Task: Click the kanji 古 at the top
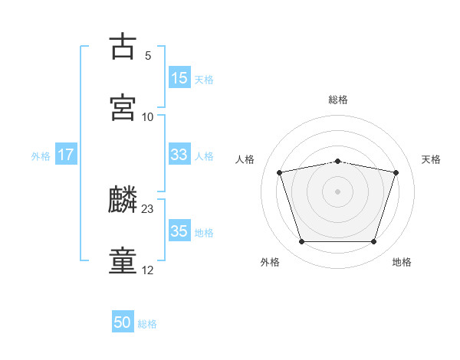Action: coord(123,46)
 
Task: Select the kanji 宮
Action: coord(123,107)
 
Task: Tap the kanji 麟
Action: coord(123,198)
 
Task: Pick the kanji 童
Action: coord(123,260)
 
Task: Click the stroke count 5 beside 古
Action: coord(148,56)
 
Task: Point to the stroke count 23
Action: coord(147,209)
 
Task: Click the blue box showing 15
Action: coord(179,77)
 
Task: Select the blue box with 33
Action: coord(179,154)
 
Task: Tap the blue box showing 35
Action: coord(179,230)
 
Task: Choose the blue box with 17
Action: coord(66,154)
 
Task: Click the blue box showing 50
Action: coord(123,321)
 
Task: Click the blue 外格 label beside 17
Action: coord(41,156)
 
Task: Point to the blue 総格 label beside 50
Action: coord(147,324)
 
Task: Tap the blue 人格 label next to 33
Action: coord(204,156)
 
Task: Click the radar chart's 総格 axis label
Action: coord(338,100)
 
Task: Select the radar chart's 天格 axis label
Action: coord(431,159)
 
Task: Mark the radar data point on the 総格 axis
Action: coord(337,162)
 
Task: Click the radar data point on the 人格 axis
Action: coord(279,172)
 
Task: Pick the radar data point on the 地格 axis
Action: coord(373,241)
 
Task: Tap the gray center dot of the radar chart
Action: coord(337,191)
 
